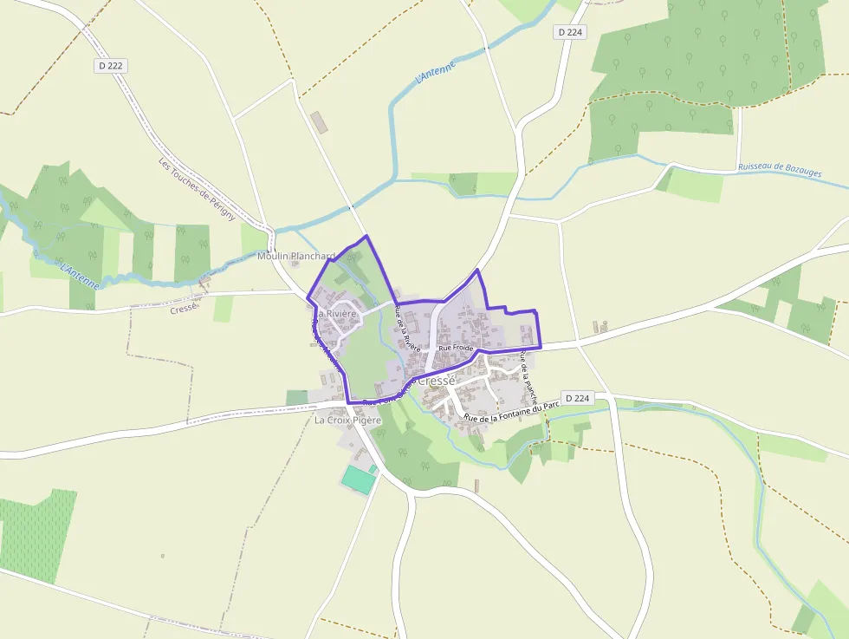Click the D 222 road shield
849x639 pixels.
(109, 66)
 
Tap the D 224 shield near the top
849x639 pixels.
(571, 32)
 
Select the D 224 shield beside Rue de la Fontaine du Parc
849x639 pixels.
(576, 398)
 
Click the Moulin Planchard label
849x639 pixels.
(295, 257)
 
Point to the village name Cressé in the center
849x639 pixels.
(436, 381)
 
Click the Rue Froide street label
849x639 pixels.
(457, 348)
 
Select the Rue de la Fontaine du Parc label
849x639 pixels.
(513, 408)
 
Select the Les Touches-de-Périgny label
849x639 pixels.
(197, 189)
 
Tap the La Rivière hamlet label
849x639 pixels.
(337, 313)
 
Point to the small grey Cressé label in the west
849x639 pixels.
(185, 309)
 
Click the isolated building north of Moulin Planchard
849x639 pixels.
(320, 122)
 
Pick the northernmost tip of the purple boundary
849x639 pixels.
(366, 236)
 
